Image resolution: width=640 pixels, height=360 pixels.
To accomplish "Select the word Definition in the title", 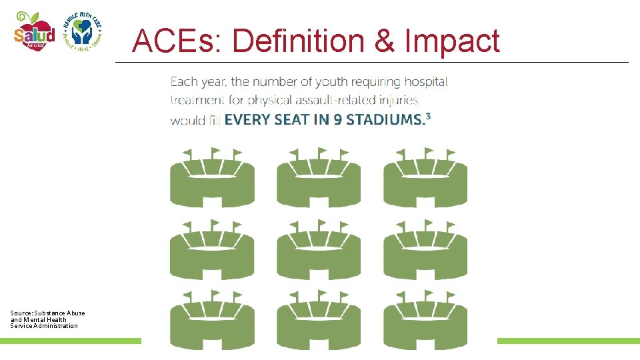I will [298, 41].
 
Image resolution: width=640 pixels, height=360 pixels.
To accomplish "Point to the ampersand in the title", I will [385, 41].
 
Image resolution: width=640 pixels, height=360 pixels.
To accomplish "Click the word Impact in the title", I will [453, 41].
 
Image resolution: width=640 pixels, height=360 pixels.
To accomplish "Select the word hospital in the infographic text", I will [423, 82].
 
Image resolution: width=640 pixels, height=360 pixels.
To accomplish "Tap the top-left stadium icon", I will [212, 178].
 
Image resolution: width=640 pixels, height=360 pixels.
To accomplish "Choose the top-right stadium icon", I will [425, 178].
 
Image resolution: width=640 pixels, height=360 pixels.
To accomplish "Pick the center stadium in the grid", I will [319, 250].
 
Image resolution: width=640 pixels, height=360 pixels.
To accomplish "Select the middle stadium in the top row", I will [319, 178].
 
